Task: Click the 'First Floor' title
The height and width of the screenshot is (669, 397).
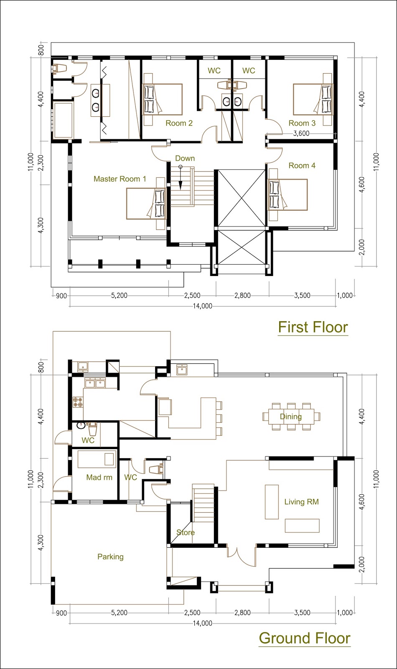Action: point(313,327)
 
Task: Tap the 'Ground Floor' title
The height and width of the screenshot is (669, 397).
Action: point(305,638)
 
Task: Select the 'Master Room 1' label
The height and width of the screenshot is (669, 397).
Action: point(120,179)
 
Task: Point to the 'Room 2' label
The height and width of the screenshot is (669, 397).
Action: point(179,123)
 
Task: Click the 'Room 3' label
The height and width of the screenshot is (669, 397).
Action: point(302,123)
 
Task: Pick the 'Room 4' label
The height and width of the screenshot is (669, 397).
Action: point(302,166)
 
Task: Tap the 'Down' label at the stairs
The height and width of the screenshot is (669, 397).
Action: point(185,158)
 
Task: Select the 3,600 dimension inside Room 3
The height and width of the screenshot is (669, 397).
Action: point(301,133)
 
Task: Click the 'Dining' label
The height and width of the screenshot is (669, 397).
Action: point(291,416)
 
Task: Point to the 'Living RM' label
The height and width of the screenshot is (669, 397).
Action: point(301,502)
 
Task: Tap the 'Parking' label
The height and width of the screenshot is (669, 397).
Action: point(110,557)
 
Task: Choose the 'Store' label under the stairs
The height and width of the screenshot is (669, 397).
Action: point(186,533)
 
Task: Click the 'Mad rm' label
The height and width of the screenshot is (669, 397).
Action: point(99,477)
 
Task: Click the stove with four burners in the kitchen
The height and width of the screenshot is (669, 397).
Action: point(78,402)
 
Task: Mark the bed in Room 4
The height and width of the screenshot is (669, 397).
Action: point(288,195)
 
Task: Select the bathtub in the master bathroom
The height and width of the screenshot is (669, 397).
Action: point(63,120)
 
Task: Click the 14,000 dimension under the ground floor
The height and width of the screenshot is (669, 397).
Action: point(202,623)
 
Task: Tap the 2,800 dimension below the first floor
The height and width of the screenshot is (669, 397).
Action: point(242,296)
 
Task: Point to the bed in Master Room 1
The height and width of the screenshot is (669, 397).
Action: point(146,204)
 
